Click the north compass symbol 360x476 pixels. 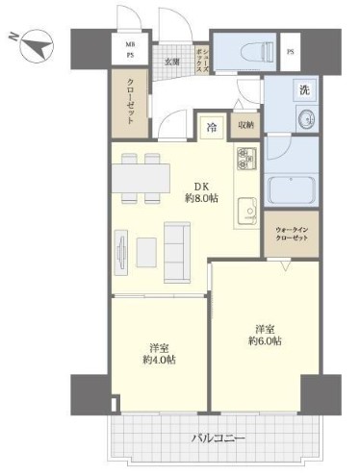click(37, 45)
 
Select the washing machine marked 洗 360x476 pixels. click(304, 90)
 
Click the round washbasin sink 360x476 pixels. click(307, 119)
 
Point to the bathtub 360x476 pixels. click(291, 189)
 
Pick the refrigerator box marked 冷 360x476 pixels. click(211, 128)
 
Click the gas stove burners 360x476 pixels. click(246, 159)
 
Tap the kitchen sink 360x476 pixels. click(247, 210)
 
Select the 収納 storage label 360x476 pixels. click(245, 125)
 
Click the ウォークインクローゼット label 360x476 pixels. click(292, 234)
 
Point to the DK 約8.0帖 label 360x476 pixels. click(201, 192)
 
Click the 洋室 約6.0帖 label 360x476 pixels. click(265, 336)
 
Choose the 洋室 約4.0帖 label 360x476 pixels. click(159, 354)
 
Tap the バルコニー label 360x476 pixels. click(219, 438)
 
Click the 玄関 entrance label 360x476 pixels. click(172, 62)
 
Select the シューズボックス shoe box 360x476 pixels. click(202, 60)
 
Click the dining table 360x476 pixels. click(141, 178)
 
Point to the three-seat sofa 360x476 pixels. click(177, 253)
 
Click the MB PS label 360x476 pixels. click(130, 50)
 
